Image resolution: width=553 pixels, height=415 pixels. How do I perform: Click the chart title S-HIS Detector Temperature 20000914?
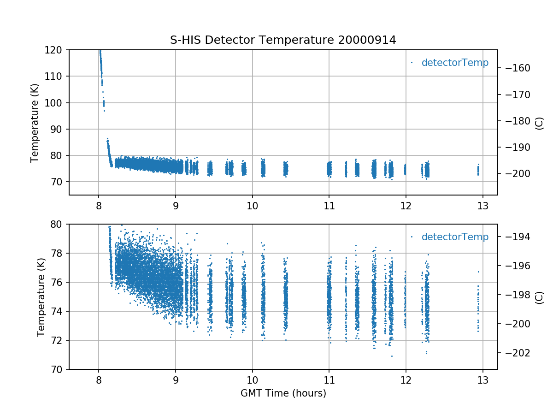coord(283,40)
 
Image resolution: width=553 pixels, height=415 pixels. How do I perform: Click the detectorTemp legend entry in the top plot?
coord(454,63)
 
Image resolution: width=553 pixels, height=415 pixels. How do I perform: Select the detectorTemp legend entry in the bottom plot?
coord(454,237)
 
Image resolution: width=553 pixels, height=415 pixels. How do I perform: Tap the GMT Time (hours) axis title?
coord(283,393)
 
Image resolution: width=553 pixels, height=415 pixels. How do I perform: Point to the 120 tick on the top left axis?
coord(56,50)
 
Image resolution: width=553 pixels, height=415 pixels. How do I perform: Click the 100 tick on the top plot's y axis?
coord(56,103)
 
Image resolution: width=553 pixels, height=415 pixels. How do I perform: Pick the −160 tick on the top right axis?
coord(514,68)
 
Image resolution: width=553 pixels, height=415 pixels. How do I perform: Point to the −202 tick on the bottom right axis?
coord(514,353)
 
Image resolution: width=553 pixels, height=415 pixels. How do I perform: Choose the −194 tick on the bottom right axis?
coord(514,237)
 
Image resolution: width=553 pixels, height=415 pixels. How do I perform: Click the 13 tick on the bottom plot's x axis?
coord(482,379)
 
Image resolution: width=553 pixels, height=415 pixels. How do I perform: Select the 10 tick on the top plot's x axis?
coord(252,205)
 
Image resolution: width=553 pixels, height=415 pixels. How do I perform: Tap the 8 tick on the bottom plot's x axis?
coord(99,379)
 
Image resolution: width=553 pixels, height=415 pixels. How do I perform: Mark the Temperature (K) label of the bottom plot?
coord(41,296)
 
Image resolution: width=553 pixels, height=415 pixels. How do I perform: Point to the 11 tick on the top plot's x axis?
coord(329,205)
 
